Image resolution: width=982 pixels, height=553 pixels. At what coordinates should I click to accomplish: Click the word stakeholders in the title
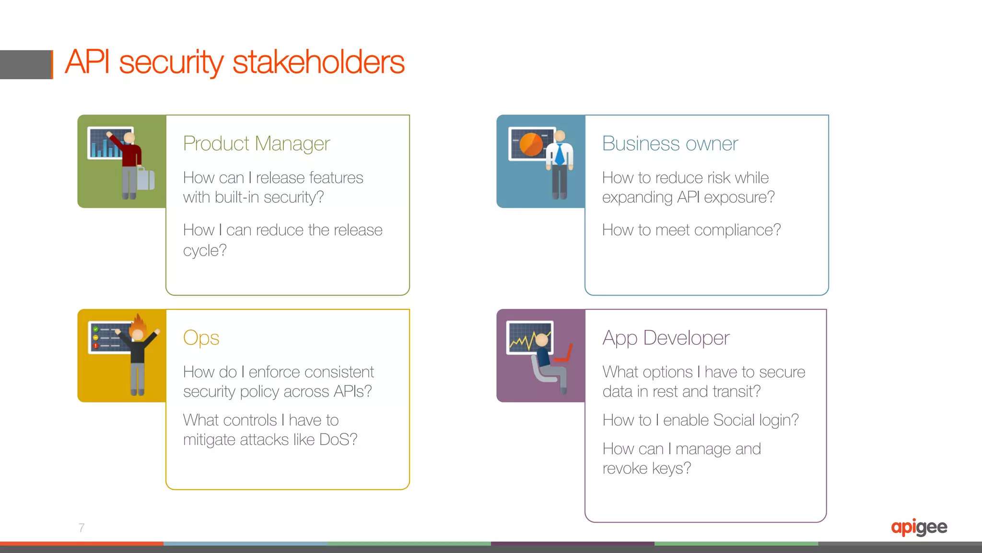point(318,62)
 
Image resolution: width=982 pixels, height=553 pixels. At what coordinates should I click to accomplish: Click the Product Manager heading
point(256,143)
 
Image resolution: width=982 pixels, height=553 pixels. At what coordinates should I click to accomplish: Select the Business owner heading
point(669,143)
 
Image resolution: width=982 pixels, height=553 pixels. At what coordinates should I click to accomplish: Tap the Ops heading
point(201,338)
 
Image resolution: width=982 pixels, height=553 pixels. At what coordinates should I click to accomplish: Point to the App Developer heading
point(666,338)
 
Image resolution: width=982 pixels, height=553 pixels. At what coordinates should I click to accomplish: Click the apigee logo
point(919,528)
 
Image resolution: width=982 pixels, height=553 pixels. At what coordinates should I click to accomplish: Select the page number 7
point(82,528)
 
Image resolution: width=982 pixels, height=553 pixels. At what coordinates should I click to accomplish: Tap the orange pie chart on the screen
point(531,144)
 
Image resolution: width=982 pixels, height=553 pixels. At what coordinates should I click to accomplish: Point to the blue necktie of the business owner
point(559,154)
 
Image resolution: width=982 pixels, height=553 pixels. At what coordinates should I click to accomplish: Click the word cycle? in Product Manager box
point(204,250)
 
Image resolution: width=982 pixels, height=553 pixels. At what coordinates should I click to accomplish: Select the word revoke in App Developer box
point(625,468)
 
